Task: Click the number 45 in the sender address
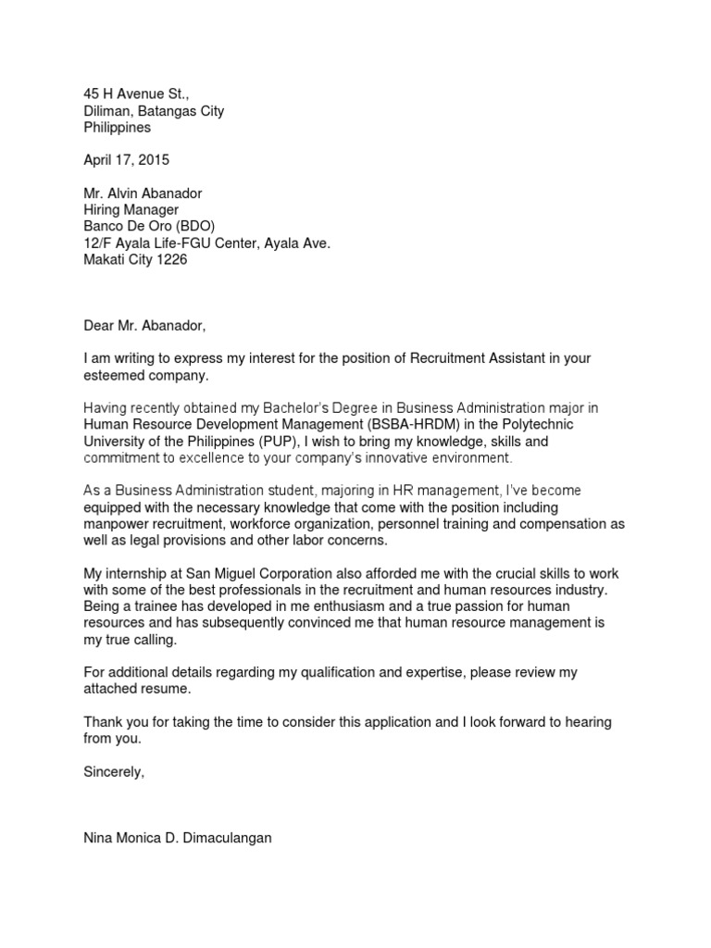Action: pos(91,94)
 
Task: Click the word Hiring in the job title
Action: pos(103,210)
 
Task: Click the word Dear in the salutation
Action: pos(100,326)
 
